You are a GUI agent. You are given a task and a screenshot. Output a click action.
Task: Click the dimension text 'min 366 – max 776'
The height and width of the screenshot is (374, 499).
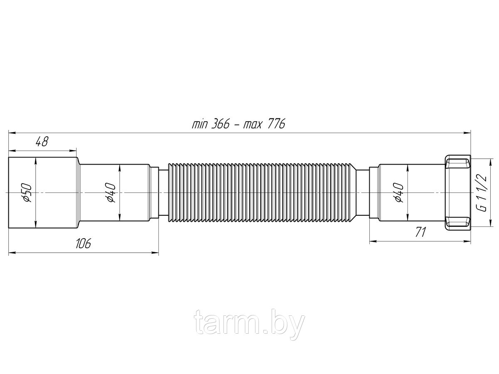pos(238,124)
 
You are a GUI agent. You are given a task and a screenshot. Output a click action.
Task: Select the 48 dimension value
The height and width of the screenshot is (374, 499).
pos(42,142)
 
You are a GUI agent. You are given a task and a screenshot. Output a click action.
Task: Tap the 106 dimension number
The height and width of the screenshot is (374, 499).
pos(83,243)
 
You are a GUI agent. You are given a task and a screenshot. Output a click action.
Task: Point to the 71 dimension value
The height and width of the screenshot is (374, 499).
pos(420,232)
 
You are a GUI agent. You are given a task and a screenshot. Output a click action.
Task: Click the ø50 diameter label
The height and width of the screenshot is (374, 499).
pos(27,192)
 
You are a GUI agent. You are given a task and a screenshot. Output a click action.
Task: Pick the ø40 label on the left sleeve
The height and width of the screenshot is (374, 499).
pos(111,192)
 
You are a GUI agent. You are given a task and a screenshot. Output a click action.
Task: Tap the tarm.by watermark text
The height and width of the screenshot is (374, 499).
pos(249,322)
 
